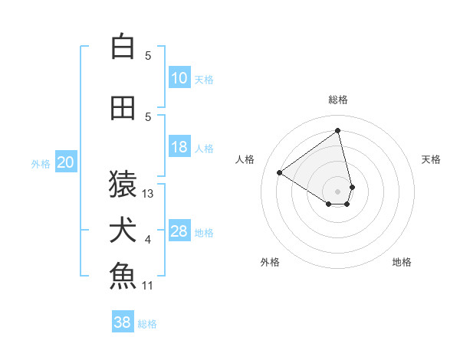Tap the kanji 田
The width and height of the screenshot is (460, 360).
[123, 108]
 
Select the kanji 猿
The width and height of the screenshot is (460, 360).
[123, 184]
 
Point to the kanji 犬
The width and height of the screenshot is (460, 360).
[123, 230]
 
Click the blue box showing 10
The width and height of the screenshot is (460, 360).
[179, 78]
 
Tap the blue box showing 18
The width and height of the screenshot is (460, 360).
[179, 147]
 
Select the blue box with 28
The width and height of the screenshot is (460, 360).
[179, 231]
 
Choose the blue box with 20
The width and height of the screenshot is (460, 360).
[66, 162]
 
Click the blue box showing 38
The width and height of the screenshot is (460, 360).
[123, 322]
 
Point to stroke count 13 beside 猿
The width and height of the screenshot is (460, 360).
[148, 194]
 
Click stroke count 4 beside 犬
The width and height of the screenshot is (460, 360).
[148, 240]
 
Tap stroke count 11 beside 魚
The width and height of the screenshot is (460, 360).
[148, 286]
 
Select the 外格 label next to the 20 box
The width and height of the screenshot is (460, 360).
[40, 163]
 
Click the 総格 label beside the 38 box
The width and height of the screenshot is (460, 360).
[147, 323]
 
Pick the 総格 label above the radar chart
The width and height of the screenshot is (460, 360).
[337, 100]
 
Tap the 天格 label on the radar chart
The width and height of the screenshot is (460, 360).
[431, 159]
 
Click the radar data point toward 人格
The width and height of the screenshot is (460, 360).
[280, 172]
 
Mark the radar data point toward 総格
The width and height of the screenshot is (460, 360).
[337, 130]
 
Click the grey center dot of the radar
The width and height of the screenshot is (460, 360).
[337, 191]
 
